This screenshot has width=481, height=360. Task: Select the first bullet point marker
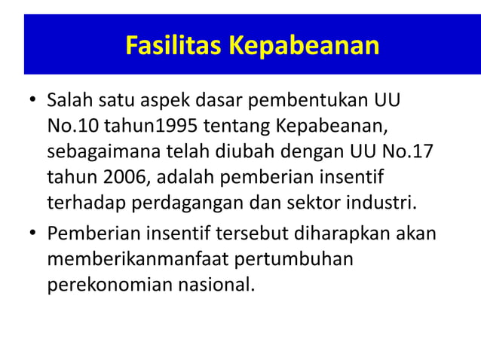(32, 101)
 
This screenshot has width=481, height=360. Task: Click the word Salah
(69, 100)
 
